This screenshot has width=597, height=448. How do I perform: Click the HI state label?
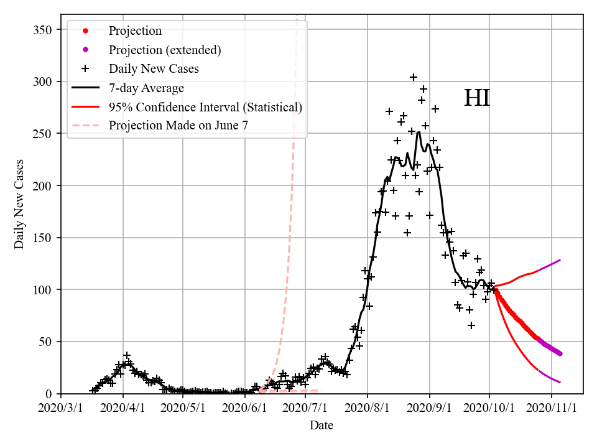(477, 98)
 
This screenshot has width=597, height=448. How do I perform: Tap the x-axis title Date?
(322, 426)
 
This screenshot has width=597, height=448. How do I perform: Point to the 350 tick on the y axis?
(43, 30)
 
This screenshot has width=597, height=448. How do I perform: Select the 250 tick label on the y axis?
(43, 134)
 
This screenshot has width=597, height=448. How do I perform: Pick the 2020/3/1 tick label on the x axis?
(61, 407)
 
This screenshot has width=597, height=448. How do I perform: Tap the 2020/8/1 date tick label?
(368, 407)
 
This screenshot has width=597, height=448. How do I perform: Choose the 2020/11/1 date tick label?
(552, 407)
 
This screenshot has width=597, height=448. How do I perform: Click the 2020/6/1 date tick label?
(246, 407)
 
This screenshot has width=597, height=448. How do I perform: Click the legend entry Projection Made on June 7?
(178, 125)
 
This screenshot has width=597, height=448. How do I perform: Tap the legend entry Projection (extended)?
(165, 50)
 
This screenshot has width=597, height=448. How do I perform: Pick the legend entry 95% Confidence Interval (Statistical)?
(205, 106)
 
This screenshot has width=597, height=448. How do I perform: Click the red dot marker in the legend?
(86, 31)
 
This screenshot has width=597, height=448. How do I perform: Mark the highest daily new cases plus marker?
(413, 77)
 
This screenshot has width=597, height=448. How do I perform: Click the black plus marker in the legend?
(86, 68)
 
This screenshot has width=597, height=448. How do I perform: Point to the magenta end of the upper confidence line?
(560, 260)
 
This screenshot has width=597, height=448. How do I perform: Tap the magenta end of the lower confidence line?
(560, 382)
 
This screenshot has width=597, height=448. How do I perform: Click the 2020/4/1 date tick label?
(123, 407)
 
